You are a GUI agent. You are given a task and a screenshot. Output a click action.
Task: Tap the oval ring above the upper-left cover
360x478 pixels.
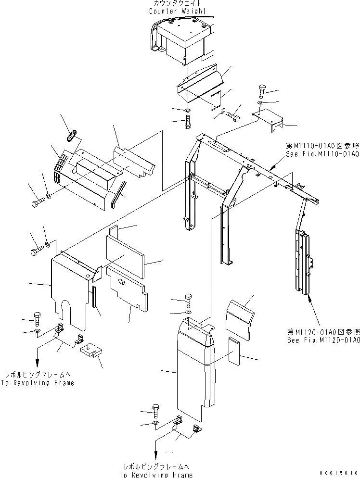(x=71, y=134)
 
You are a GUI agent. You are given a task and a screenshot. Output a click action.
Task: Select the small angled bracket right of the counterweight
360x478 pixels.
(x=268, y=120)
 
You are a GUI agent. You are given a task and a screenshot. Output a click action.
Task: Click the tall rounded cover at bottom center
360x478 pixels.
(x=193, y=365)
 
